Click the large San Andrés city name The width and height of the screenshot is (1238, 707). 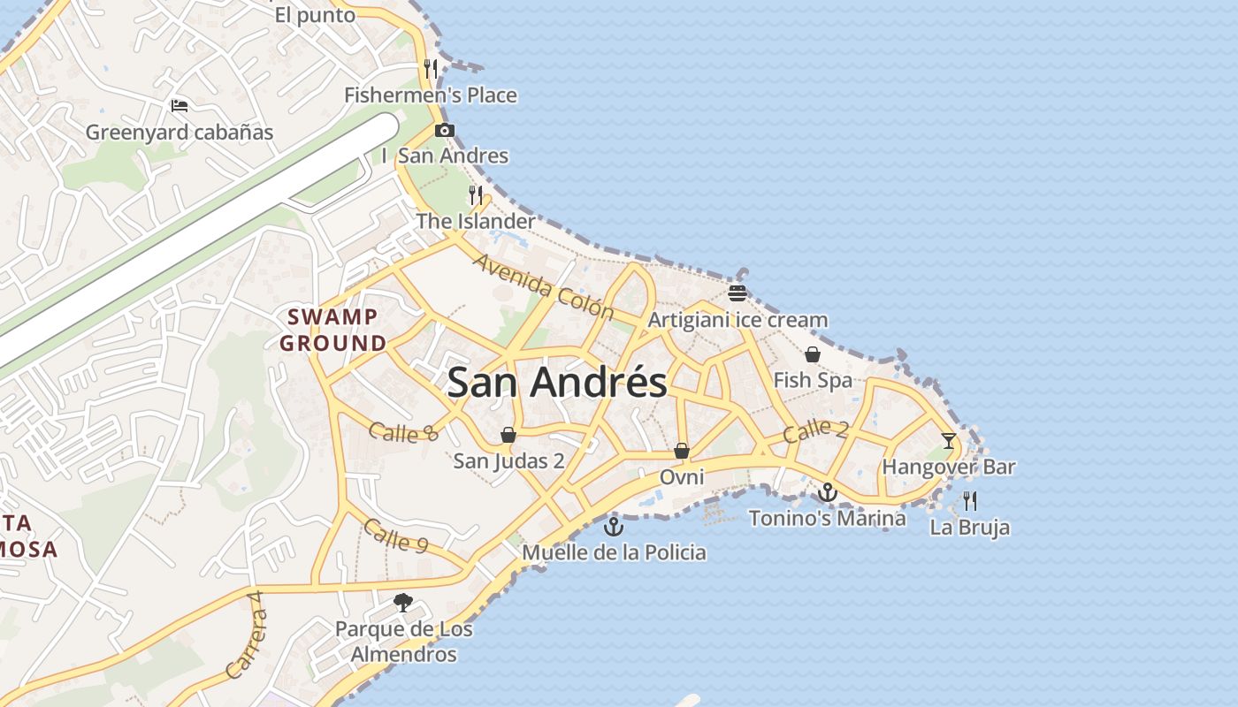(x=556, y=383)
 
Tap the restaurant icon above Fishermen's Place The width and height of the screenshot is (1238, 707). (x=431, y=69)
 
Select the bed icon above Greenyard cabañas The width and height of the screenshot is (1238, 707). (x=180, y=106)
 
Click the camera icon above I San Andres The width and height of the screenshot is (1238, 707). (x=444, y=131)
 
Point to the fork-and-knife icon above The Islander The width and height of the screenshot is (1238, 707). (x=477, y=195)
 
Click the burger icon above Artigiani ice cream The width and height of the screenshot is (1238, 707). (x=737, y=293)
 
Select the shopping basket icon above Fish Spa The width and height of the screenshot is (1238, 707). (x=812, y=354)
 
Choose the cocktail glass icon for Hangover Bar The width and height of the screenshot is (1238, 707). (x=949, y=440)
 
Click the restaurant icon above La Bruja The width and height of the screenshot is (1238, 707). (x=970, y=501)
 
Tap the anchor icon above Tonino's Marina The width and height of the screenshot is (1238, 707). (x=828, y=492)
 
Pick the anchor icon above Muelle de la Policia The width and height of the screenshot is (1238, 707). (x=613, y=527)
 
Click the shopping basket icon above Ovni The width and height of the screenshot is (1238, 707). (x=682, y=451)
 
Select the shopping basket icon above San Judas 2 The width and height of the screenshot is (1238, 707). (x=508, y=434)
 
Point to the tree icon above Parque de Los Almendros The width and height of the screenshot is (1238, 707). (x=403, y=603)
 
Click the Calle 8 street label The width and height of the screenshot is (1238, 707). (x=403, y=432)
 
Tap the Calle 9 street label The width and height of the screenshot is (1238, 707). (x=395, y=536)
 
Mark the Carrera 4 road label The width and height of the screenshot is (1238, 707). (x=246, y=635)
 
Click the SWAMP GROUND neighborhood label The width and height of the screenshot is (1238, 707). (x=332, y=330)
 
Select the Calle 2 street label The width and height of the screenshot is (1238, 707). (x=815, y=430)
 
